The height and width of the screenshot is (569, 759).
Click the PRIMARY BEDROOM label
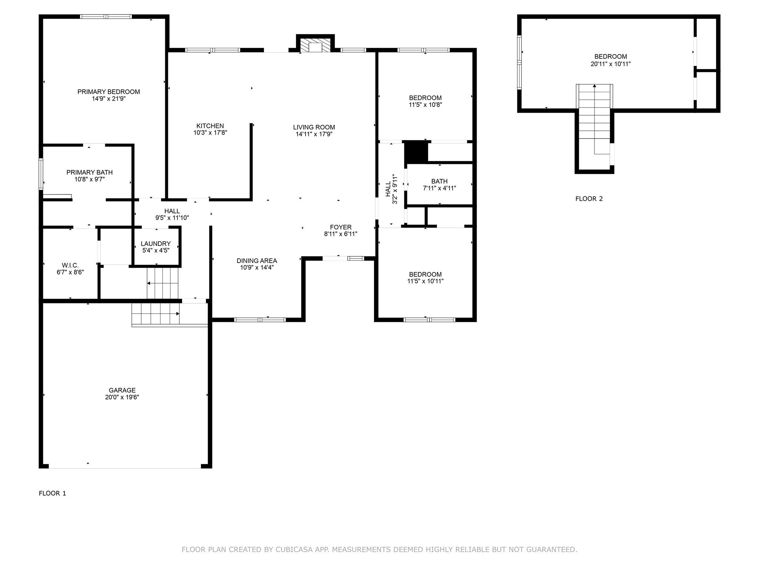tap(109, 92)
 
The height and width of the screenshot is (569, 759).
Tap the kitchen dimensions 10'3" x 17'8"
tap(210, 133)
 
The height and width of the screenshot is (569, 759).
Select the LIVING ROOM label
tap(314, 127)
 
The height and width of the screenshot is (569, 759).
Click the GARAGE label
tap(122, 390)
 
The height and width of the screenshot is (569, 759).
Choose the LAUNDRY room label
tap(156, 244)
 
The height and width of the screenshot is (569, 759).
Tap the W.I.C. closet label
tap(70, 266)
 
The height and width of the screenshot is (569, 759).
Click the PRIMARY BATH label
tap(89, 173)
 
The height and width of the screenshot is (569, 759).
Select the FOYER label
tap(341, 227)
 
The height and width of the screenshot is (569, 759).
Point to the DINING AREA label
tap(257, 261)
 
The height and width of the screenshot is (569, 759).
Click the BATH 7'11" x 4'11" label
tap(440, 185)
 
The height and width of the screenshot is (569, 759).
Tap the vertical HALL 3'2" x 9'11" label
tap(391, 189)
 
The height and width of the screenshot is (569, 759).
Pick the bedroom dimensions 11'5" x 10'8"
tap(425, 105)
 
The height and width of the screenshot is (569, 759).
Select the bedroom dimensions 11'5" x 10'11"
tap(425, 281)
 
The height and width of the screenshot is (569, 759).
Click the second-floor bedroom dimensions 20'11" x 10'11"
tap(611, 64)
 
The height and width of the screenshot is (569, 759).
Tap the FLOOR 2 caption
tap(589, 199)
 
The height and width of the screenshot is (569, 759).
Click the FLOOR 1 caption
tap(52, 493)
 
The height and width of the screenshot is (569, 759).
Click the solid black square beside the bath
tap(416, 152)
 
